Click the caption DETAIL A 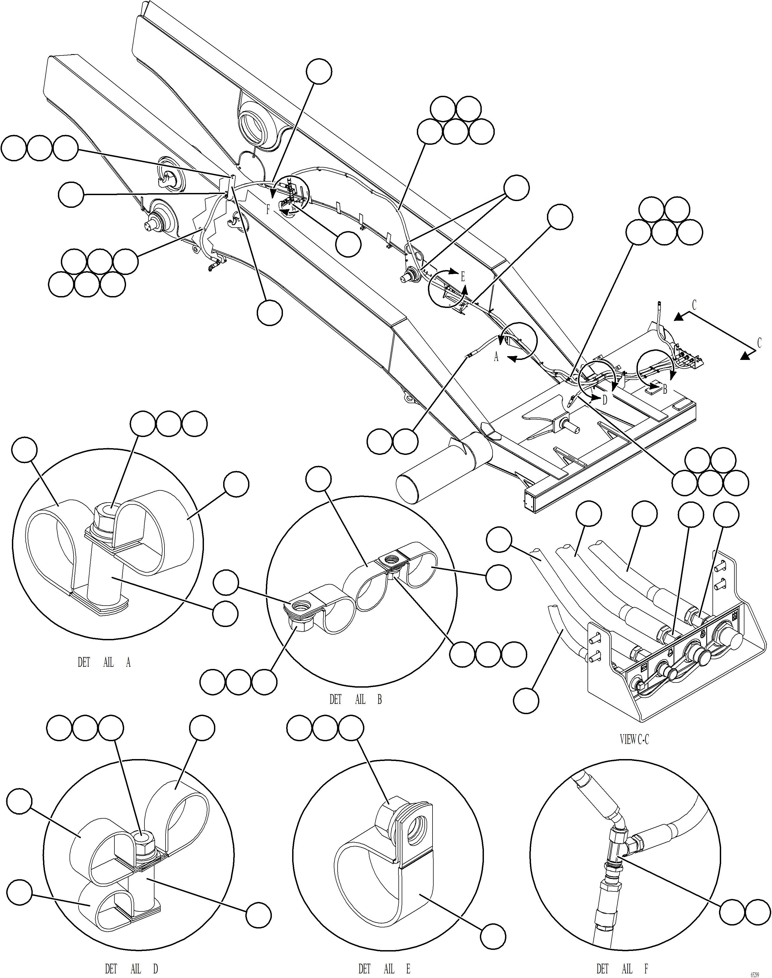(x=104, y=663)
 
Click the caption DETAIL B (x=356, y=700)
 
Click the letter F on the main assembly (x=268, y=210)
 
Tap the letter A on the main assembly (x=496, y=357)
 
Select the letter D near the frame (x=605, y=400)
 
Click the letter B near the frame (x=664, y=389)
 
